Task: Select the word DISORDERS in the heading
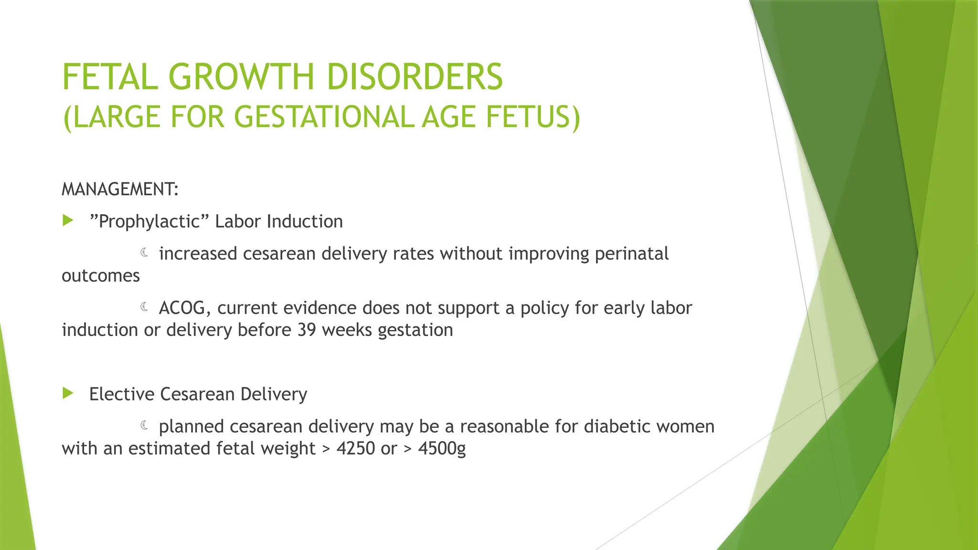click(x=415, y=77)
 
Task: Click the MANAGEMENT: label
click(x=120, y=190)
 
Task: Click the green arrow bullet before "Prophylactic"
click(x=68, y=221)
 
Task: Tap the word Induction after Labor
click(x=305, y=222)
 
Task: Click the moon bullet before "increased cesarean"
click(x=145, y=253)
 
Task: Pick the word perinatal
click(x=631, y=254)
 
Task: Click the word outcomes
click(x=101, y=276)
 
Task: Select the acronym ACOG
click(x=184, y=308)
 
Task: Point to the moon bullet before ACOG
click(x=145, y=307)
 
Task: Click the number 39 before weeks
click(x=307, y=330)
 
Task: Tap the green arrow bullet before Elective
click(x=68, y=393)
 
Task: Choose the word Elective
click(x=122, y=394)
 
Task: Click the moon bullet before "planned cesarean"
click(x=145, y=425)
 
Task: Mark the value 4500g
click(x=442, y=449)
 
